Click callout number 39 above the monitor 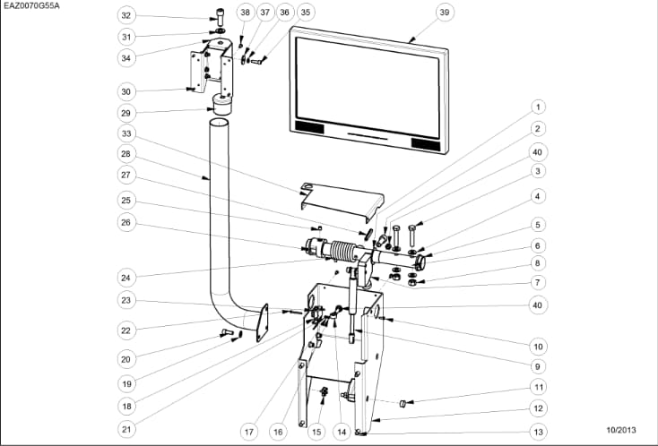tap(444, 12)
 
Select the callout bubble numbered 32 tap(126, 15)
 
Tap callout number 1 tap(538, 107)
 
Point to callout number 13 tap(538, 432)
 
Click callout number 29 tap(126, 113)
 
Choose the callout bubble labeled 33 tap(126, 133)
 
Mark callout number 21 tap(126, 429)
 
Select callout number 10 tap(538, 346)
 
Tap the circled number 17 tap(248, 431)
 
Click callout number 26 tap(126, 222)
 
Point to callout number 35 tap(306, 12)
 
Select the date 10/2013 tap(623, 432)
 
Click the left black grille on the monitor tap(309, 128)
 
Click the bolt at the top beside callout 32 tap(218, 17)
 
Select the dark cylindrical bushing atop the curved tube tap(221, 105)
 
